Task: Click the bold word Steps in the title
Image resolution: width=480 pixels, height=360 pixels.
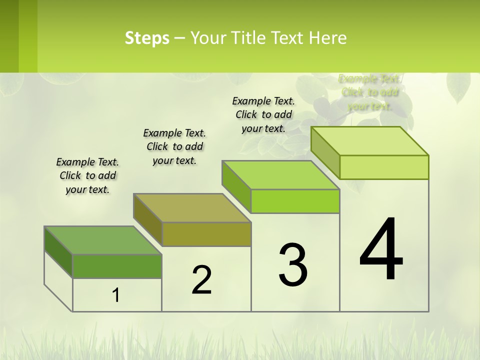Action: coord(147,38)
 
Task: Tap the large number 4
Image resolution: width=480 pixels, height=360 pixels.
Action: coord(381,249)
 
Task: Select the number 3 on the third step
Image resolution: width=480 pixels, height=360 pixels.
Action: coord(293,265)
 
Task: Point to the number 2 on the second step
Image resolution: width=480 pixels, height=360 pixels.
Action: coord(201,280)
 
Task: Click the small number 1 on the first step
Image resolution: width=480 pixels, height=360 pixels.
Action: coord(116,295)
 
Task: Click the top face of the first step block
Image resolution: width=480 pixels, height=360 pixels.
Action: coord(102,240)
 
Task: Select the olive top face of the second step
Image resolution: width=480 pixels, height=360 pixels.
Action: coord(192,207)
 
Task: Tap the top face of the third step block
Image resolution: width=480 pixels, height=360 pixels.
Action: coord(280,175)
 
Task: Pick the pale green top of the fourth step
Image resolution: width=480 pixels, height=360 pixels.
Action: coord(369,141)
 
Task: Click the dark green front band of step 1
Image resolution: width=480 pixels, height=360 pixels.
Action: coord(117,266)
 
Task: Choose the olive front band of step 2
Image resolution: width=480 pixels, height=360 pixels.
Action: coord(206,234)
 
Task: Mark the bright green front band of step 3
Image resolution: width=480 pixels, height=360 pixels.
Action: coord(295,201)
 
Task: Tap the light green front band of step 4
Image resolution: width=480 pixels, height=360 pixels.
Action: coord(384,167)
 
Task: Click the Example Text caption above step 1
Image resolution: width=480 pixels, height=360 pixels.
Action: coord(87,175)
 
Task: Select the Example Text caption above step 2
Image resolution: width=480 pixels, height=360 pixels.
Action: coord(174,146)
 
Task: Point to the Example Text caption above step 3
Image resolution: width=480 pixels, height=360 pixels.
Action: coord(263,114)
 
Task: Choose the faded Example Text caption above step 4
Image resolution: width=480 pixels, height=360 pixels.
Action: coord(369,92)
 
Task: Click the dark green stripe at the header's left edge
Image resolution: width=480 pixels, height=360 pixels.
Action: coord(9,36)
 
